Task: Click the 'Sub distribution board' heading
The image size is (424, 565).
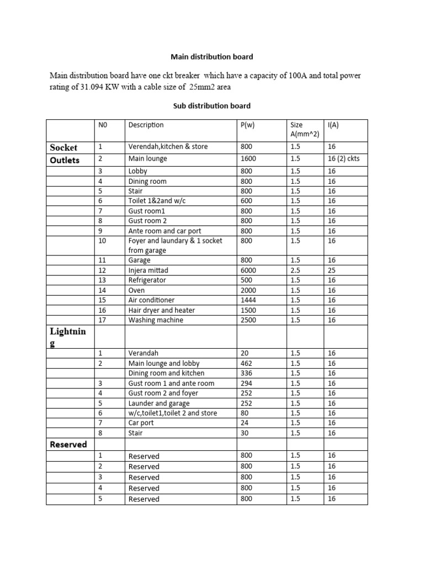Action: pyautogui.click(x=212, y=105)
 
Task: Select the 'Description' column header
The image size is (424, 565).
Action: pyautogui.click(x=146, y=125)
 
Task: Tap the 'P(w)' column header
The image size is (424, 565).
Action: pyautogui.click(x=246, y=125)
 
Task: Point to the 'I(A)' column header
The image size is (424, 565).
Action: pyautogui.click(x=333, y=125)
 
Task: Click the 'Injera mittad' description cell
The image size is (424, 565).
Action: pyautogui.click(x=151, y=270)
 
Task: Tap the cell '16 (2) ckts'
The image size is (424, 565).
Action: pyautogui.click(x=343, y=158)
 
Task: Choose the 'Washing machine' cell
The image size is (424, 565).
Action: pyautogui.click(x=156, y=320)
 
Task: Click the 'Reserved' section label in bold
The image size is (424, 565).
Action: pyautogui.click(x=68, y=444)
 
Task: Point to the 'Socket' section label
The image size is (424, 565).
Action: pyautogui.click(x=63, y=147)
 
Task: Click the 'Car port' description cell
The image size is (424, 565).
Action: pyautogui.click(x=141, y=423)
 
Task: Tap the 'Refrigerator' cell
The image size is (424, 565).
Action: pyautogui.click(x=147, y=280)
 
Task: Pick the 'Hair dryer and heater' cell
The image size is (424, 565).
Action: pyautogui.click(x=161, y=310)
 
